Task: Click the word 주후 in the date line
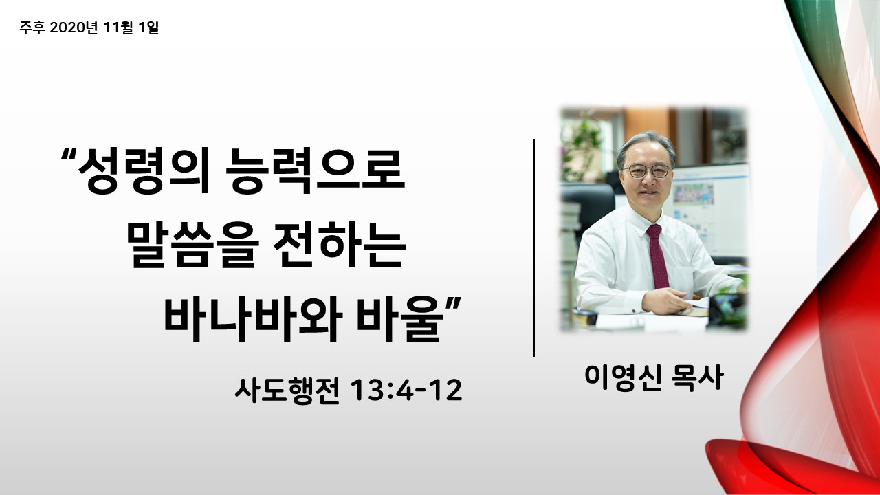click(x=32, y=27)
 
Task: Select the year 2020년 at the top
click(x=74, y=27)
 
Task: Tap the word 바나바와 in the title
click(x=252, y=318)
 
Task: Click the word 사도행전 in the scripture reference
click(x=287, y=391)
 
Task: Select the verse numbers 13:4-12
click(x=406, y=390)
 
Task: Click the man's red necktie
click(x=658, y=256)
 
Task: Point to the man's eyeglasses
click(x=646, y=171)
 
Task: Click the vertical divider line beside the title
click(x=534, y=247)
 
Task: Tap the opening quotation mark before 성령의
click(x=68, y=154)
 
